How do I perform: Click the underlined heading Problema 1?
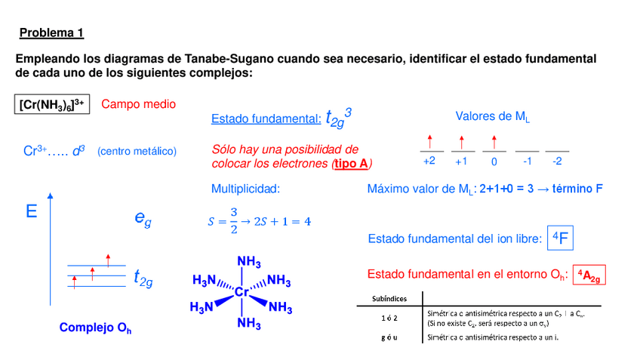pos(51,33)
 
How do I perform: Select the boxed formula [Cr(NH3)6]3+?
pos(52,104)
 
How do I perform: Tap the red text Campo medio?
pos(138,104)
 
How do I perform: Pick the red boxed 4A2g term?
pos(589,275)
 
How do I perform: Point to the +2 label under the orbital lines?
pos(429,162)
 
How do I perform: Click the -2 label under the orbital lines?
pos(557,162)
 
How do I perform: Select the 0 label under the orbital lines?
pos(494,162)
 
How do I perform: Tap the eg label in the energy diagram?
pos(143,219)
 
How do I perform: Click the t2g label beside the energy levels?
pos(143,278)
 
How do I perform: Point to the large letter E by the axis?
pos(31,212)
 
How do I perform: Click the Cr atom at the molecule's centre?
pos(242,292)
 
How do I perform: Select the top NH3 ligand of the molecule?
pos(249,262)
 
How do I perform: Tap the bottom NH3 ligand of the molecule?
pos(249,324)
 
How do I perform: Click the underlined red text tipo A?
pos(351,163)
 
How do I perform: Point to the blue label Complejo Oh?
pos(96,328)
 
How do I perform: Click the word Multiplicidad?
pos(245,189)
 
